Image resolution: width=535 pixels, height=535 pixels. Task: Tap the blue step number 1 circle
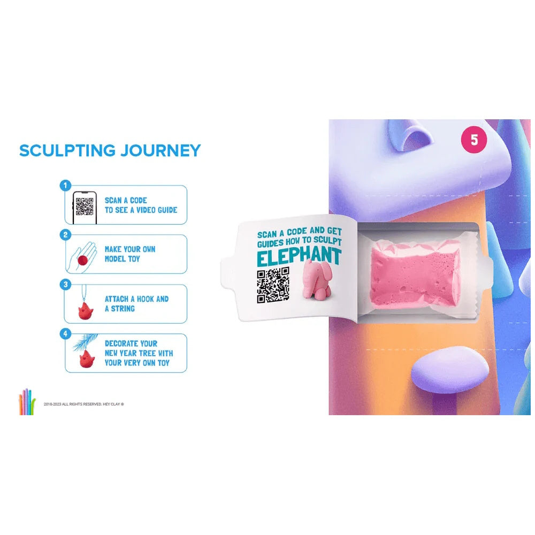[x=65, y=186]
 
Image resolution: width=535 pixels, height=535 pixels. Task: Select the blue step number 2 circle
[x=65, y=235]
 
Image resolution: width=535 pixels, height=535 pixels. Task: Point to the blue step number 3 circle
[x=65, y=285]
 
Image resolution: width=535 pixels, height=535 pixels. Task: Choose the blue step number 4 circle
[x=65, y=334]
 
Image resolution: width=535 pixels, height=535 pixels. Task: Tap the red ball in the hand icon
[x=82, y=260]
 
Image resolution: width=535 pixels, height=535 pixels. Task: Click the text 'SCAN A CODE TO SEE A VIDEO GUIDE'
[x=141, y=205]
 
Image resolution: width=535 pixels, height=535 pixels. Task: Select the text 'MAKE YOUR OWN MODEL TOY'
[x=130, y=254]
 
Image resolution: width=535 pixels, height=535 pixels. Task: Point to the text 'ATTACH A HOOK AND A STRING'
[x=136, y=304]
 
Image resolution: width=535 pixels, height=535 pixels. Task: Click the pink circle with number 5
[x=474, y=141]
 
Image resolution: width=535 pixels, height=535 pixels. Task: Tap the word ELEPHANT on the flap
[x=299, y=257]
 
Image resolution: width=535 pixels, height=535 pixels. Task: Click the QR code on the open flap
[x=273, y=285]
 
